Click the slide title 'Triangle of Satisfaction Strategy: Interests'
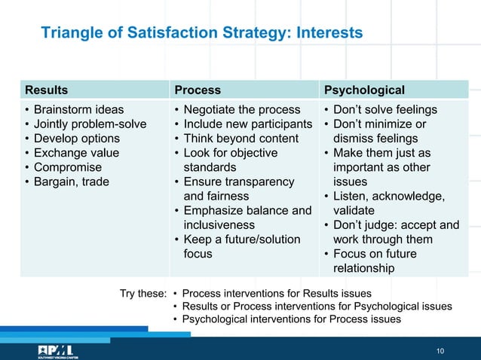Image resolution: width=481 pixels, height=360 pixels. pos(201,33)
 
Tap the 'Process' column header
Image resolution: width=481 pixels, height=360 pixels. pos(198,90)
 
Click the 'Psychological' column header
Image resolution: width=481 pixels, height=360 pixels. pos(364,90)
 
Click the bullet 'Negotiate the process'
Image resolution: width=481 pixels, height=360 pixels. pos(241,110)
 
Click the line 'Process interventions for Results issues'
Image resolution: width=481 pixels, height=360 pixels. pos(276,293)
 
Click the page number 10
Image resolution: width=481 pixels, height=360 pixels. pos(441,352)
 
